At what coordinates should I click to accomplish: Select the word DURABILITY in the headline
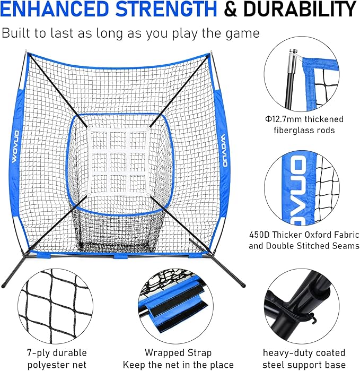coord(304,10)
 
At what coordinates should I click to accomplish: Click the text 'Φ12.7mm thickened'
coord(305,119)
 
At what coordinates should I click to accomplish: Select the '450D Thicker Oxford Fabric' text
coord(304,234)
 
